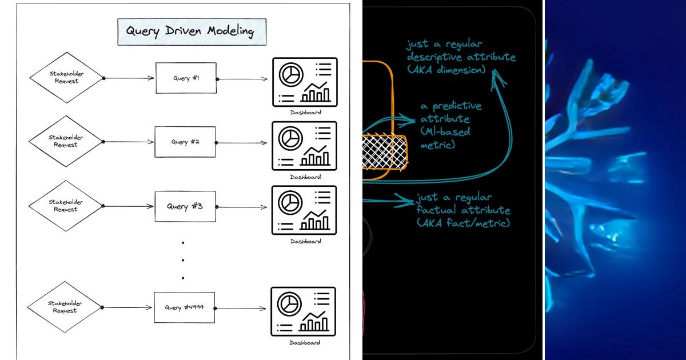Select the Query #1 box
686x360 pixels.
[x=186, y=78]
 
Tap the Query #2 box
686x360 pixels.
[x=186, y=142]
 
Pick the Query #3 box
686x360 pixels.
[x=185, y=206]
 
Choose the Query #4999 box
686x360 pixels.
[x=185, y=307]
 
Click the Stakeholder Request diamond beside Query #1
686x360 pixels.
[x=66, y=78]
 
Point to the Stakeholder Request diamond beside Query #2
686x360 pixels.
[x=66, y=141]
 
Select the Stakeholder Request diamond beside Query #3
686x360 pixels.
[x=66, y=205]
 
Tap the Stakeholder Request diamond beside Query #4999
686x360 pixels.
[x=66, y=307]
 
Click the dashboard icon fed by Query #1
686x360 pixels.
[x=304, y=82]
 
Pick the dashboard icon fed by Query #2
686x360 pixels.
[x=304, y=146]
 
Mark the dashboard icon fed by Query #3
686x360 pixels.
[x=304, y=210]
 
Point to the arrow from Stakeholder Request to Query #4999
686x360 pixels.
[x=128, y=307]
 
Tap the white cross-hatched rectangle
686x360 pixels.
[x=385, y=152]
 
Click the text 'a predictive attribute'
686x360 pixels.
[x=451, y=113]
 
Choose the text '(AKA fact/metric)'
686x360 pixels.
[x=463, y=223]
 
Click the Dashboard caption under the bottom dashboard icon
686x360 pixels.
[x=305, y=343]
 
